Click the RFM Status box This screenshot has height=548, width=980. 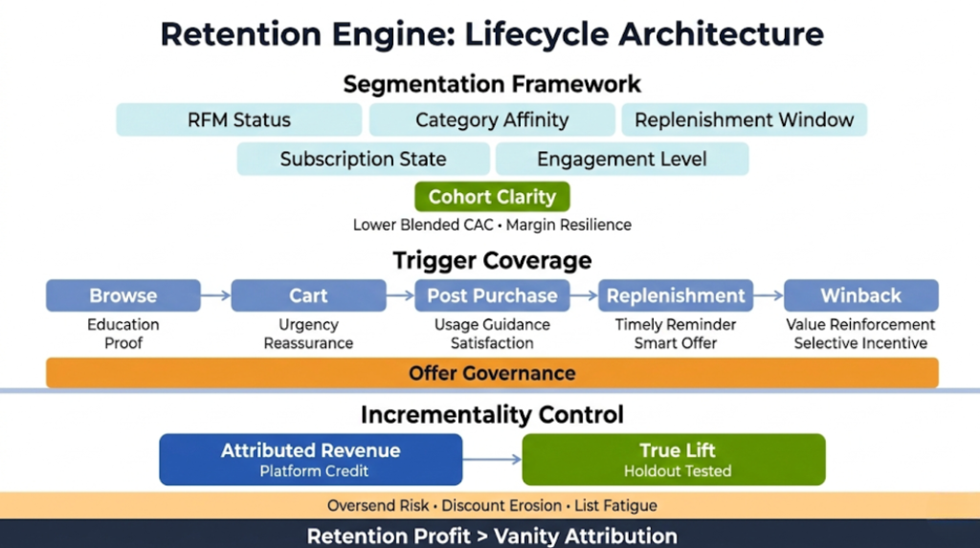tap(239, 121)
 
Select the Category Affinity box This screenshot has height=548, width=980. tap(492, 121)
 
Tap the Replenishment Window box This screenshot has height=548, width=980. tap(744, 121)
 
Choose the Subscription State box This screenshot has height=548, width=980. tap(363, 159)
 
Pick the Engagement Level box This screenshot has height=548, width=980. tap(622, 159)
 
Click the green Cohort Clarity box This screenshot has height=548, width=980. tap(492, 197)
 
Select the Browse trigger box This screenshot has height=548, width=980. tap(123, 296)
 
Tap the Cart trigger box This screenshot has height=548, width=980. tap(308, 296)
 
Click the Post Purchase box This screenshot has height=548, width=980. tap(492, 296)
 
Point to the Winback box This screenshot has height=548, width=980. tap(860, 296)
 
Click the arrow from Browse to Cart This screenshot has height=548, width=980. tap(216, 296)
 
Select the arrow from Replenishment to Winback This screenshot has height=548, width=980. tap(768, 296)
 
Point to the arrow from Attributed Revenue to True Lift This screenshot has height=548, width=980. tap(492, 460)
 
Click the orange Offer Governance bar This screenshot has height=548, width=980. tap(492, 373)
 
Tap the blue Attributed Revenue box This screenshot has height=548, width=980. tap(310, 459)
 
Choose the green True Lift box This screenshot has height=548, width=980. tap(674, 459)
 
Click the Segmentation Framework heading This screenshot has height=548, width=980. tap(492, 84)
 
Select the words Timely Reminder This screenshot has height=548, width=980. tap(676, 325)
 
